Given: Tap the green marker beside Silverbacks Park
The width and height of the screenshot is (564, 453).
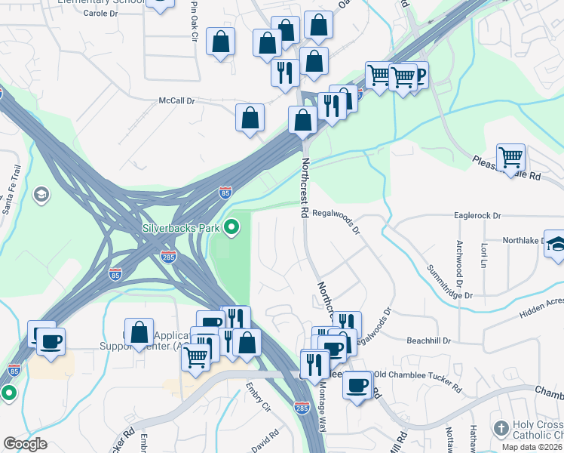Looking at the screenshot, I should [233, 226].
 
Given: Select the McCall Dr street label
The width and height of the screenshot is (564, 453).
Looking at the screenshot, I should [176, 100].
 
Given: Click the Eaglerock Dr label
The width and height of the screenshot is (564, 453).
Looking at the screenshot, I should [478, 215].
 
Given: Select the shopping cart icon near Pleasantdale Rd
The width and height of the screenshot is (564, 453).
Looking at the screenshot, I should [511, 158].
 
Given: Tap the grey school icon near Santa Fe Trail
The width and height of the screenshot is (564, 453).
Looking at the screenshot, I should [41, 196].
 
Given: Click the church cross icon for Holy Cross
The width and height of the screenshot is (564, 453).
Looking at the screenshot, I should [501, 429].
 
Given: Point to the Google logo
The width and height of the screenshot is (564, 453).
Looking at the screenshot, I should [25, 444].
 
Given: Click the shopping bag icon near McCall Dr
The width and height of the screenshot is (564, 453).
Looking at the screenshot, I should [250, 118].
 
